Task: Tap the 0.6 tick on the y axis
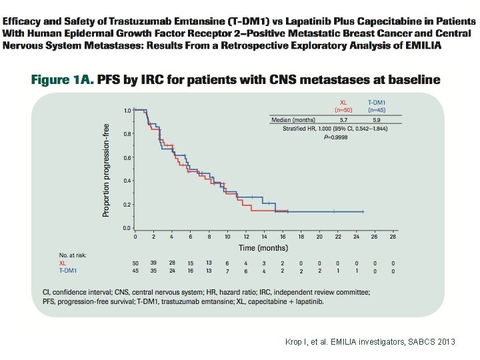click(127, 157)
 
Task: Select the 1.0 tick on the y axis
click(127, 109)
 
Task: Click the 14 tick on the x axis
click(264, 236)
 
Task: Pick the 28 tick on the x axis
click(393, 236)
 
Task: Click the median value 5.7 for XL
click(343, 119)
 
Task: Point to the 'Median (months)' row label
click(293, 119)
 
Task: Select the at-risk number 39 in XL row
click(153, 263)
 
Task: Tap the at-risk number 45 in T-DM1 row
click(135, 271)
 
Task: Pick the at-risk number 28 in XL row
click(172, 263)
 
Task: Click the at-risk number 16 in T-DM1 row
click(191, 271)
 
